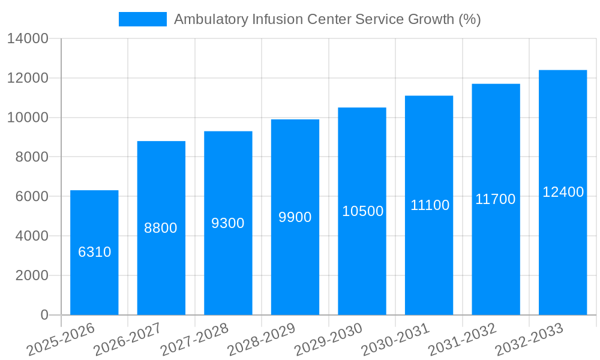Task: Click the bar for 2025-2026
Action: click(x=94, y=282)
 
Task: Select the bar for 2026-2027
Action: click(x=161, y=270)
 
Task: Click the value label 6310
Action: click(x=95, y=252)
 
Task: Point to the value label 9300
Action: click(x=228, y=223)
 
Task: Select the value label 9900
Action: click(x=295, y=217)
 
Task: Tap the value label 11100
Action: click(x=430, y=205)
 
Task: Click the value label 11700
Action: click(x=496, y=199)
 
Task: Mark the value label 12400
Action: click(x=563, y=192)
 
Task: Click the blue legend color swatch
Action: click(x=143, y=19)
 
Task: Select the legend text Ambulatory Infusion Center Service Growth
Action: click(x=327, y=19)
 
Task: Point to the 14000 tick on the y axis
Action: click(x=28, y=39)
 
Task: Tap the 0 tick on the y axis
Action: click(x=44, y=315)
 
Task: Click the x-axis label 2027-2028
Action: click(x=195, y=340)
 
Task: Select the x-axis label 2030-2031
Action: click(x=396, y=340)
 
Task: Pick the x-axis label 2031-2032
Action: click(x=463, y=340)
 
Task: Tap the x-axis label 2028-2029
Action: click(x=262, y=340)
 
